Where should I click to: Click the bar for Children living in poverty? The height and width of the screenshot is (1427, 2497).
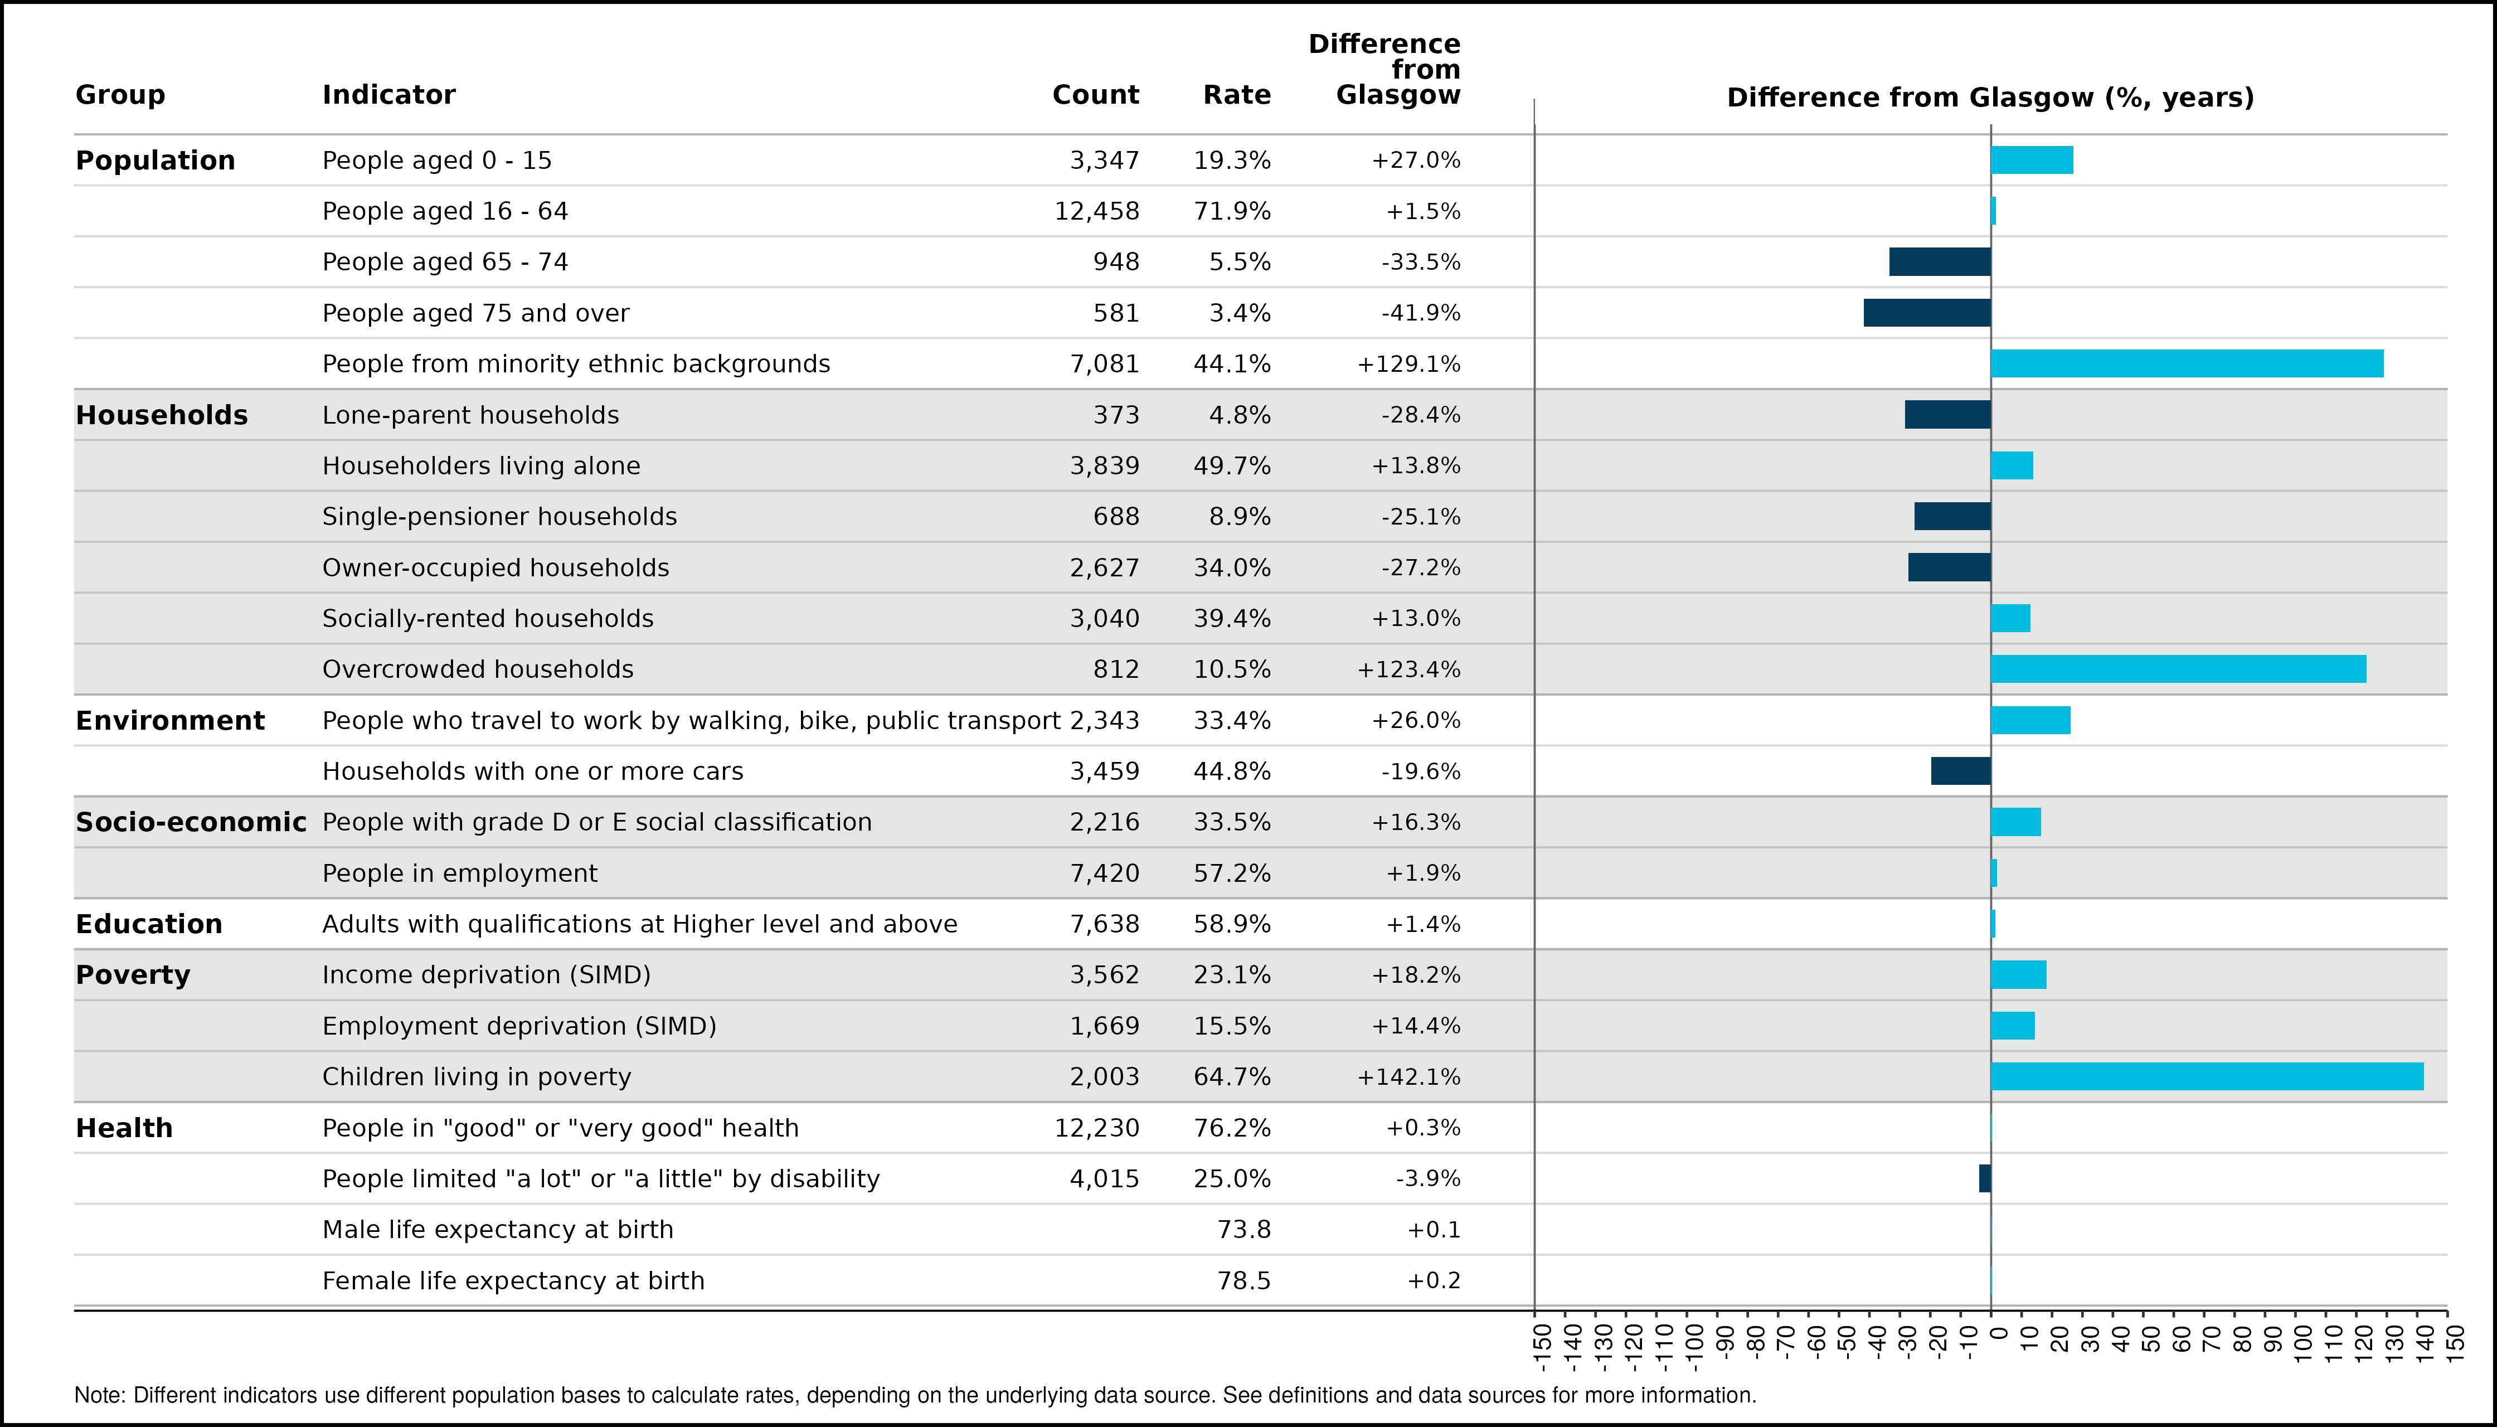click(x=2207, y=1076)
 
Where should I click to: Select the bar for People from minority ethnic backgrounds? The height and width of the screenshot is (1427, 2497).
click(x=2187, y=363)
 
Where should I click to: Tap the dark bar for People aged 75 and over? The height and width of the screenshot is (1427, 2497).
click(x=1927, y=313)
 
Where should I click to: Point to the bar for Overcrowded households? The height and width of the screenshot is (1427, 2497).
click(x=2179, y=669)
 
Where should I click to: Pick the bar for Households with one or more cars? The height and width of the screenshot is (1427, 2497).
click(x=1961, y=771)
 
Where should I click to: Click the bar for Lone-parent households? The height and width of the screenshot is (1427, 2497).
click(x=1948, y=415)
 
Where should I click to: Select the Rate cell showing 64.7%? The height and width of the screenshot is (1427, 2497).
click(x=1232, y=1076)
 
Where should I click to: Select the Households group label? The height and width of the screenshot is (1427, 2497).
click(x=162, y=415)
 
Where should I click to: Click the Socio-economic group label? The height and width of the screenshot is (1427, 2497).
click(x=191, y=822)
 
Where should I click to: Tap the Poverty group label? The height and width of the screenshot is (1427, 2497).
click(x=133, y=975)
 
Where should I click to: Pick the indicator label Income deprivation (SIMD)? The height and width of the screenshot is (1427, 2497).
click(x=487, y=975)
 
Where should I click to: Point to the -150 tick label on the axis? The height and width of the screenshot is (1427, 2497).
click(x=1542, y=1346)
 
